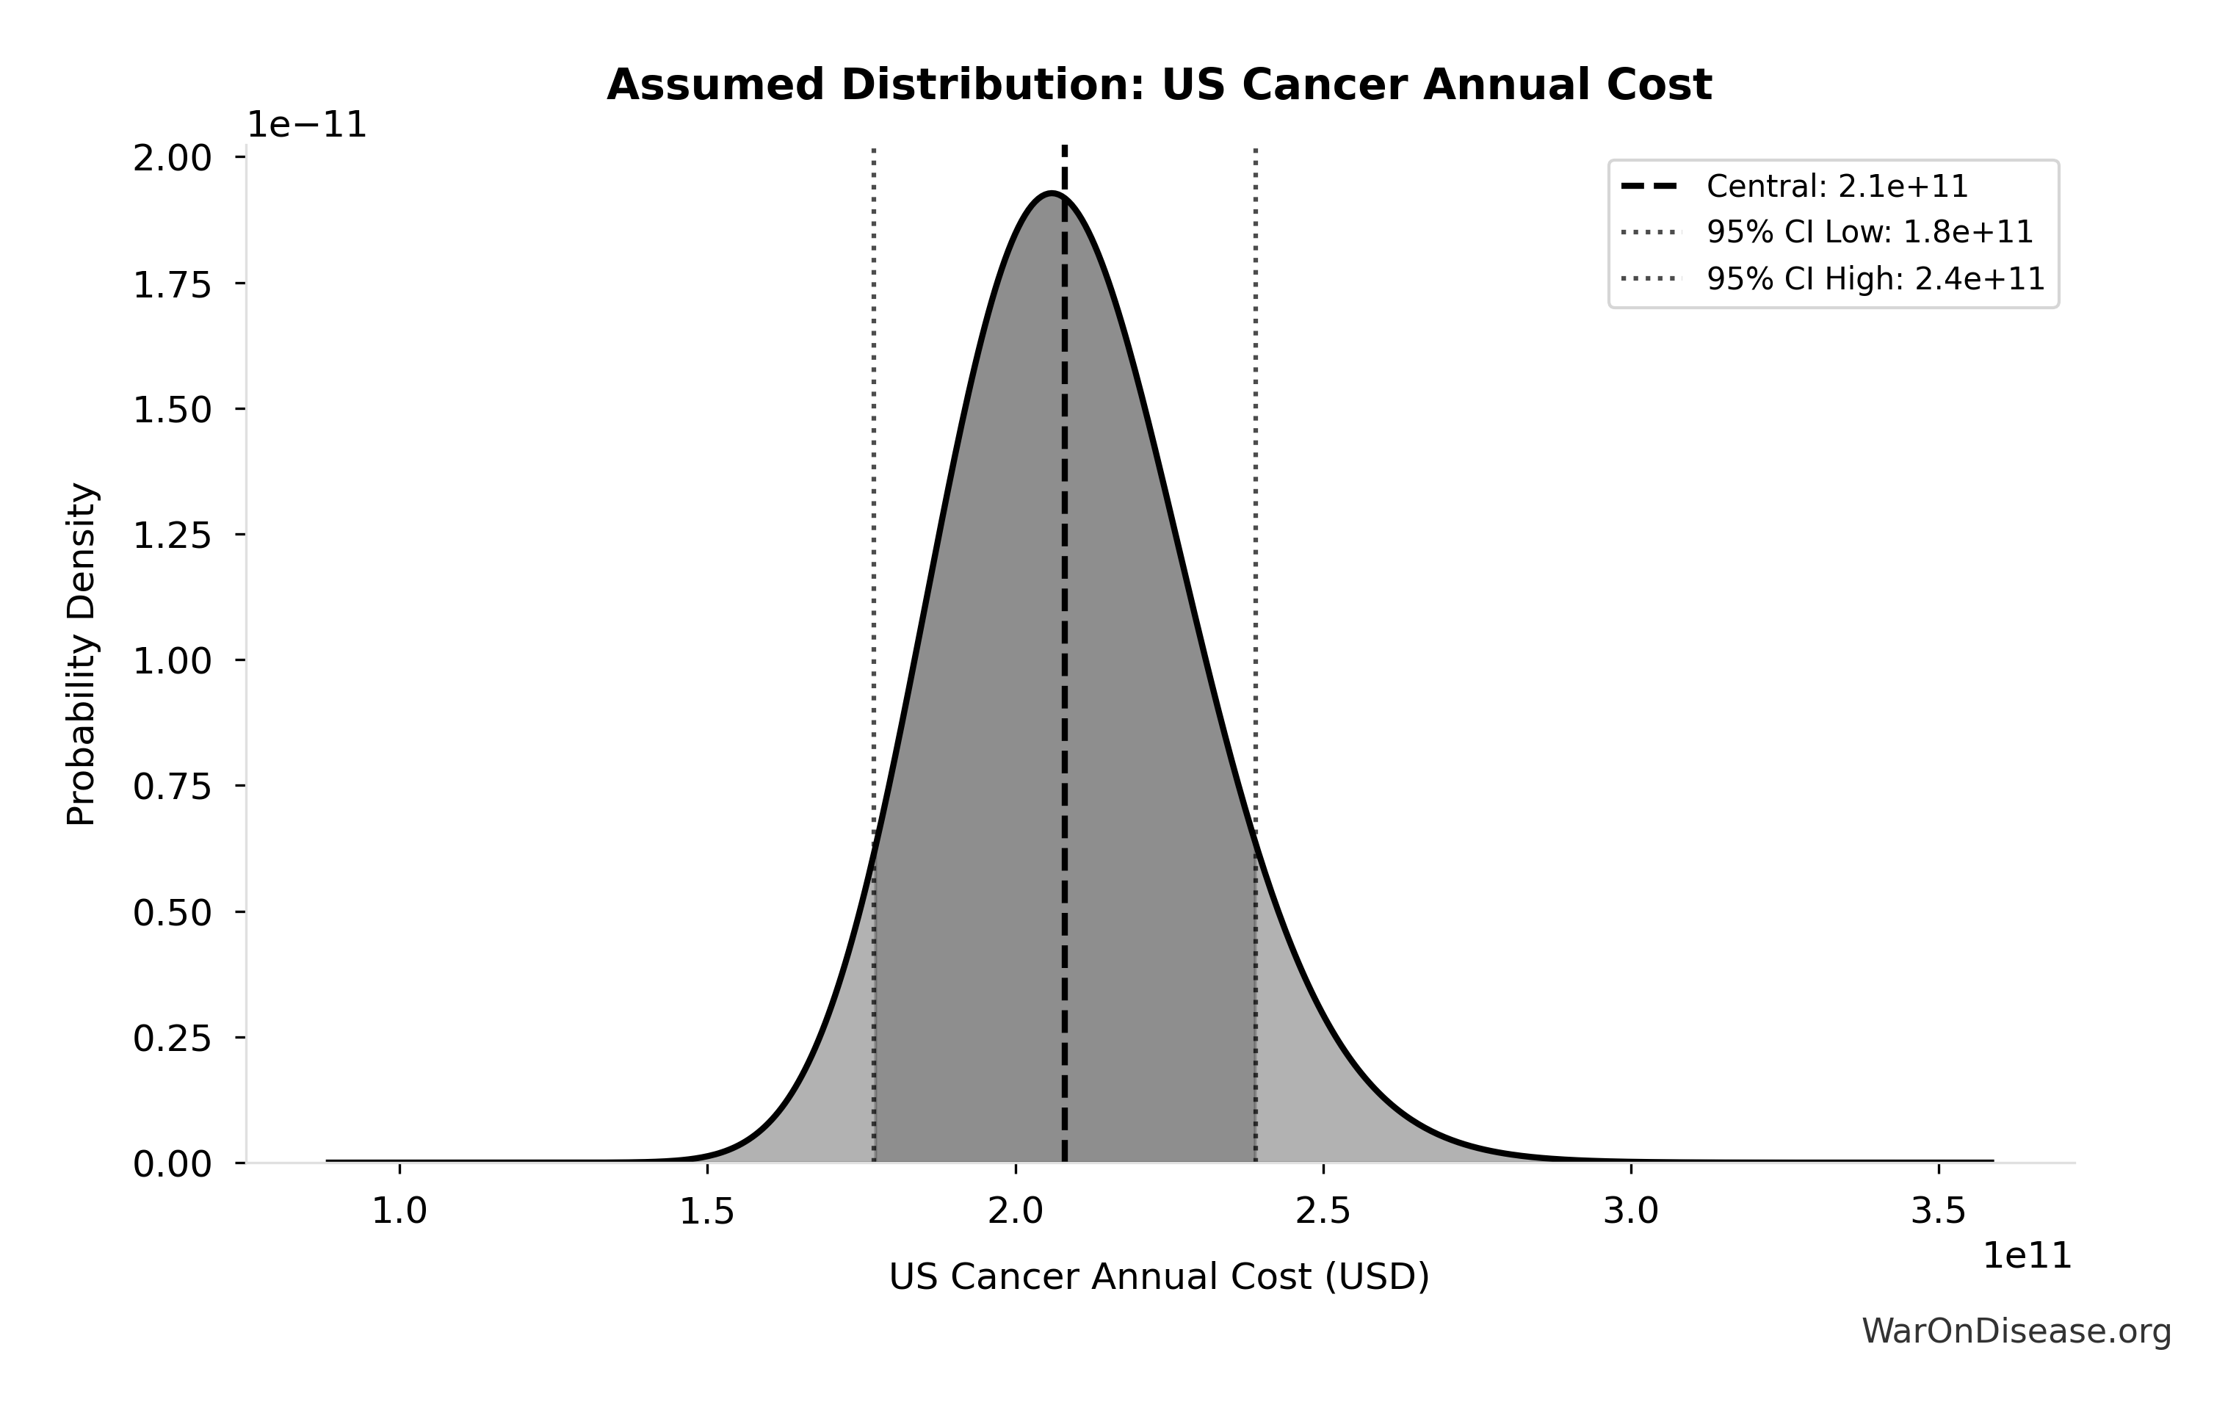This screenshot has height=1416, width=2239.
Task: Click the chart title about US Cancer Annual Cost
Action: (x=1159, y=85)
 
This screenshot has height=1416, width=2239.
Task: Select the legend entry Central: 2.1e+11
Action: (x=1837, y=187)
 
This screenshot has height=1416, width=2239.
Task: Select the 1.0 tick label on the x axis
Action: (x=399, y=1211)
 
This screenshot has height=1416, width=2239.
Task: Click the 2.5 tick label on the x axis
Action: (x=1323, y=1211)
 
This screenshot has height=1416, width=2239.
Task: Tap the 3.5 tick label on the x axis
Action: (x=1939, y=1211)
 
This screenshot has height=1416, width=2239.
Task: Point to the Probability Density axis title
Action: (x=82, y=654)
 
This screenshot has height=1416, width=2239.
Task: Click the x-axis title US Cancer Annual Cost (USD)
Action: (x=1159, y=1276)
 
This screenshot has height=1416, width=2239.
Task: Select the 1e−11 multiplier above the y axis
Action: (x=307, y=126)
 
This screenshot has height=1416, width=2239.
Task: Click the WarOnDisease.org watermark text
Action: (x=2016, y=1332)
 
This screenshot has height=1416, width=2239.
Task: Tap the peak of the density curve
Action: (x=1051, y=193)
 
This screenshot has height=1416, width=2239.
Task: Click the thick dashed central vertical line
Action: (x=1065, y=651)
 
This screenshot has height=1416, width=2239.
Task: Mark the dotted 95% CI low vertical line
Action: (x=874, y=465)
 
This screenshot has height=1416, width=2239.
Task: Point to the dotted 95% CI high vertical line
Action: (x=1256, y=465)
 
